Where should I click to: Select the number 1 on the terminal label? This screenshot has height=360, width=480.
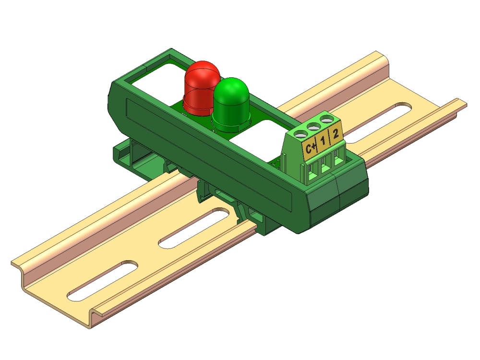323,142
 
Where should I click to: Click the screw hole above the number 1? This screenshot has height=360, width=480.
315,127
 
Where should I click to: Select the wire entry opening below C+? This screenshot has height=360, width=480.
312,170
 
